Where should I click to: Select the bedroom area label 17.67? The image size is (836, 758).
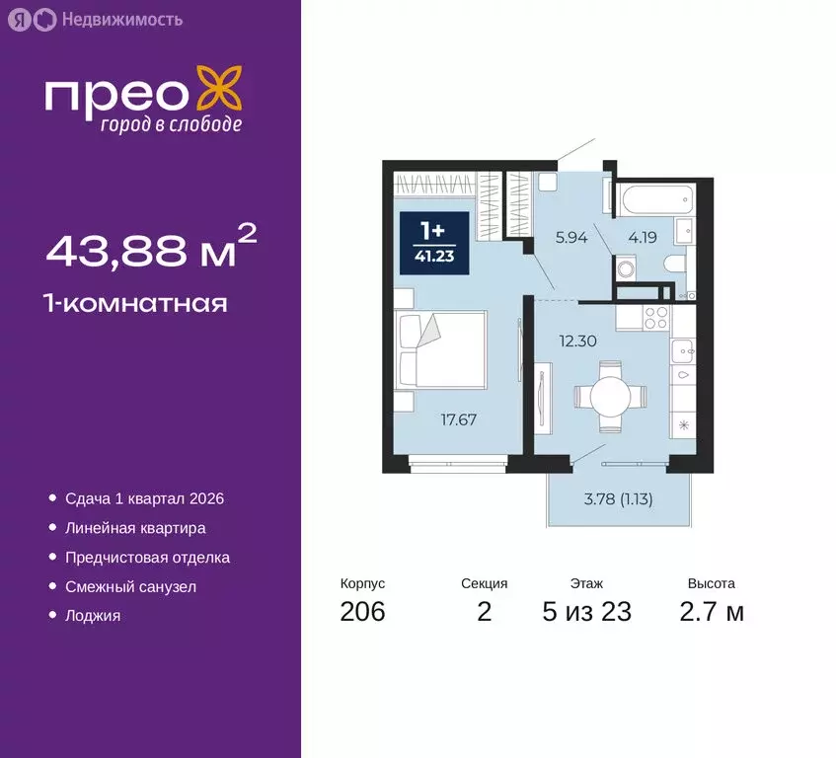tap(458, 419)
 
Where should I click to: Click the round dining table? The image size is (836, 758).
tap(612, 397)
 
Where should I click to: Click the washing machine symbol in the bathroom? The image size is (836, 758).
tap(625, 268)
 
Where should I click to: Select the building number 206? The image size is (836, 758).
tap(362, 612)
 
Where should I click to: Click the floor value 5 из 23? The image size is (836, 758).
tap(586, 612)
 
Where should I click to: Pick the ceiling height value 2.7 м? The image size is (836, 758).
tap(712, 612)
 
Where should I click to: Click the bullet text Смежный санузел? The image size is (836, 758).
tap(130, 586)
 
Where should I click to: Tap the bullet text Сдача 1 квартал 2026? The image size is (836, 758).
tap(151, 499)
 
